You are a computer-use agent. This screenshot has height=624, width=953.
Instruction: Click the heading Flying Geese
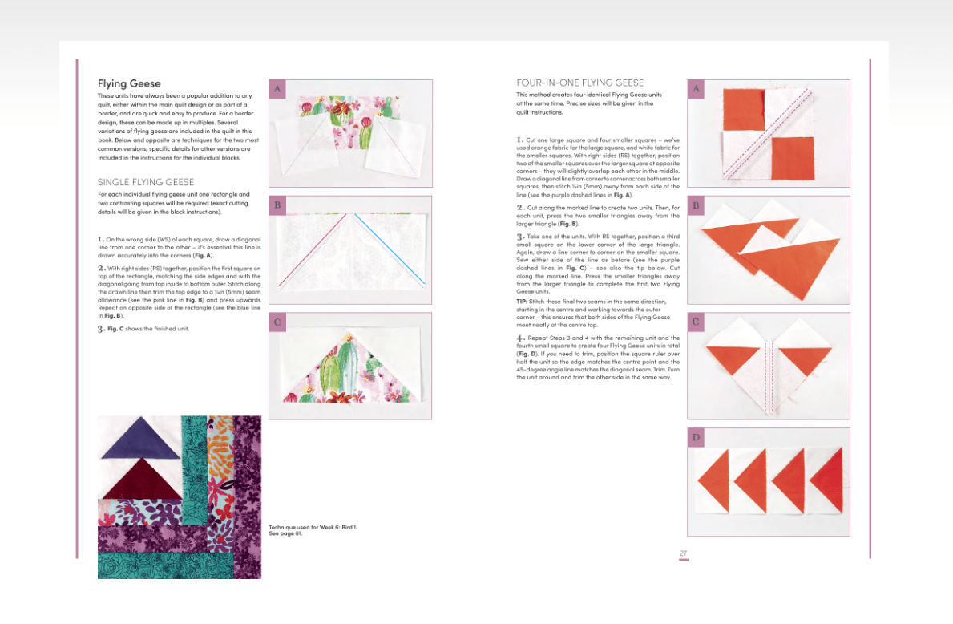(129, 84)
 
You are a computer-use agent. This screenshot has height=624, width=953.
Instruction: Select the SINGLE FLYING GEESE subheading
(146, 182)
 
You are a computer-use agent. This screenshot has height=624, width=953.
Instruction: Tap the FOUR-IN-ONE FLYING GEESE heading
(579, 83)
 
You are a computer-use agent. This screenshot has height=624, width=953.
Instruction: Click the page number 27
(683, 553)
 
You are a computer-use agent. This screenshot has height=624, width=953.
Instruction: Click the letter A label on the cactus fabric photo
(277, 89)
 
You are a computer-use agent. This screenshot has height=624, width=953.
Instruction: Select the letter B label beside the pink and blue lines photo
(277, 205)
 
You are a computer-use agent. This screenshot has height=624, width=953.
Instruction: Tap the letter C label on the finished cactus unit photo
(277, 322)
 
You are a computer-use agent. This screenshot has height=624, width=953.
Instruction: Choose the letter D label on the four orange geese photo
(696, 437)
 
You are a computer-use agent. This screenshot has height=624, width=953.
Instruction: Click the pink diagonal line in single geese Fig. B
(313, 250)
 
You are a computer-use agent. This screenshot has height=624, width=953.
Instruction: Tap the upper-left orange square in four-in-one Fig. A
(743, 109)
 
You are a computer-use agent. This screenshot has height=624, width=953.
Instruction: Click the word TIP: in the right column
(522, 302)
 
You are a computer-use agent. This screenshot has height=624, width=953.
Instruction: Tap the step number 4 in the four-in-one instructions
(520, 338)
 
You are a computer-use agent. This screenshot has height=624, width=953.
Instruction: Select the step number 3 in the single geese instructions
(101, 329)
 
